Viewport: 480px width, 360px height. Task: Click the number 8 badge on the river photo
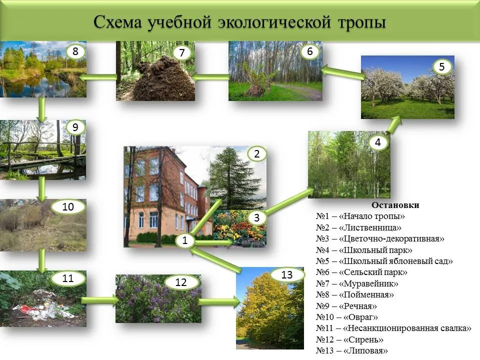(75, 51)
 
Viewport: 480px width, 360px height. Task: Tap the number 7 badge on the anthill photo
(182, 52)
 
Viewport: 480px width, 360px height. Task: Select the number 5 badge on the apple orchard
(441, 66)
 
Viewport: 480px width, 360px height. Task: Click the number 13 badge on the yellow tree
(287, 274)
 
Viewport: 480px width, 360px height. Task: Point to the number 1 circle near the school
(184, 240)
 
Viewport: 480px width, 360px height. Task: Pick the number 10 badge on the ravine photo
(68, 207)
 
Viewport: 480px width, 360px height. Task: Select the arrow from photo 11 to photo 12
(100, 300)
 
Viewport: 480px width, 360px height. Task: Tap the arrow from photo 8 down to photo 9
(42, 109)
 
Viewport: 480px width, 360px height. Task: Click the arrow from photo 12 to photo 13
(219, 302)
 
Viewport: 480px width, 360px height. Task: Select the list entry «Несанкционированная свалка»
(407, 328)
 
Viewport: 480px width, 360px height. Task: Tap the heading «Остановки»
(395, 205)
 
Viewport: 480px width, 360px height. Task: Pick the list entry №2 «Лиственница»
(358, 227)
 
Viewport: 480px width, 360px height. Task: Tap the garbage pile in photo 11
(46, 304)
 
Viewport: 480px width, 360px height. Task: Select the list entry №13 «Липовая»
(351, 351)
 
